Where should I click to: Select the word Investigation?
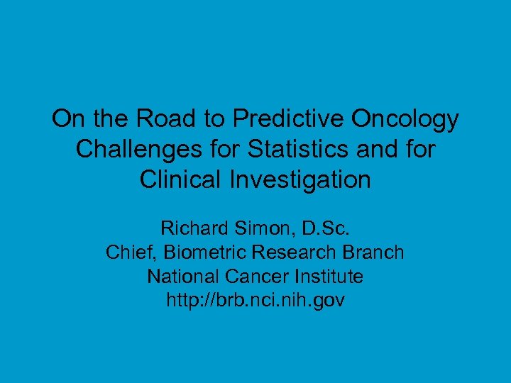tap(301, 179)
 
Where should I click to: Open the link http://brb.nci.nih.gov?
tap(255, 300)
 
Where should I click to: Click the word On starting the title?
tap(67, 119)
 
